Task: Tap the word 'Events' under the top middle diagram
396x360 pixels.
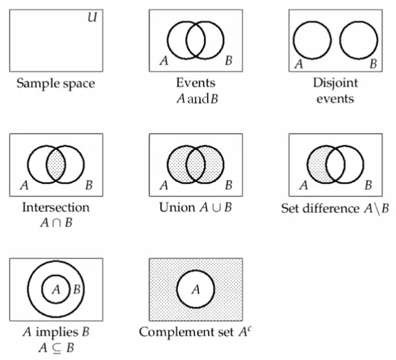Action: (x=195, y=83)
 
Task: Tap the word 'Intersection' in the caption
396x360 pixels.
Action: (x=56, y=208)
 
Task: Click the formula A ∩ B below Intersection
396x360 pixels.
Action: (x=55, y=223)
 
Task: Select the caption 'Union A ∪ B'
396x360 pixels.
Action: (x=196, y=208)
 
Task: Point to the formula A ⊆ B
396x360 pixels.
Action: (x=56, y=347)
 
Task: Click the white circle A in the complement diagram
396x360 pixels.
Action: (x=196, y=290)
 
